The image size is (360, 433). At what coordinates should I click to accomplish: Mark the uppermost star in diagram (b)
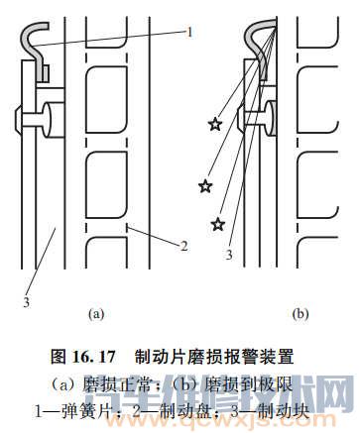(x=214, y=124)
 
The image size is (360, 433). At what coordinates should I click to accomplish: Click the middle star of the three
(x=205, y=185)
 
